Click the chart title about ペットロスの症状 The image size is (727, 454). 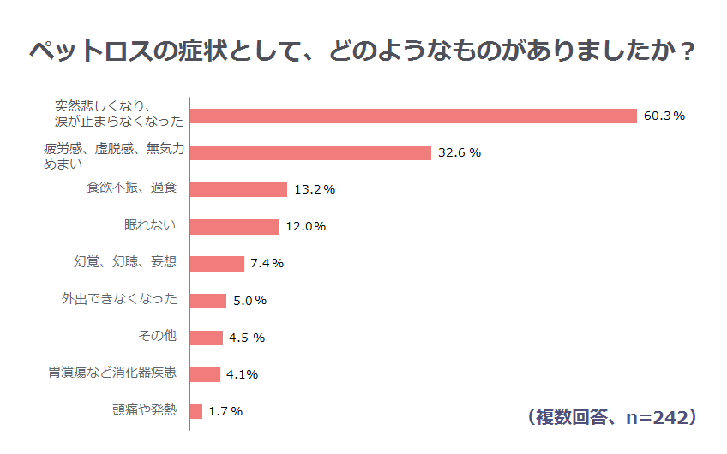click(x=363, y=51)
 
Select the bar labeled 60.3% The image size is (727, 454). click(x=413, y=116)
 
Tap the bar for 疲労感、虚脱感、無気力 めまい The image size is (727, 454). click(x=310, y=152)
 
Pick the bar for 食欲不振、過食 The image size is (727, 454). click(x=238, y=189)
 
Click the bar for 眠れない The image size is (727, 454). click(x=234, y=226)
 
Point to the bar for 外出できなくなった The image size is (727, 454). click(x=208, y=300)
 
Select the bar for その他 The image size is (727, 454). click(x=207, y=337)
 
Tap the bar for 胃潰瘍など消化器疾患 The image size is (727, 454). click(x=205, y=373)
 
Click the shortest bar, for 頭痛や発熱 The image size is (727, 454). click(x=196, y=411)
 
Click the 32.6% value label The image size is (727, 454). click(x=460, y=152)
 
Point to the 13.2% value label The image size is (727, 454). click(x=314, y=189)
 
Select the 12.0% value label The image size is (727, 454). click(x=305, y=226)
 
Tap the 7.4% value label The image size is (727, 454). click(x=267, y=263)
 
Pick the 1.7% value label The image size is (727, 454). click(x=225, y=411)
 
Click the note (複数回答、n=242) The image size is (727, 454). click(x=610, y=417)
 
